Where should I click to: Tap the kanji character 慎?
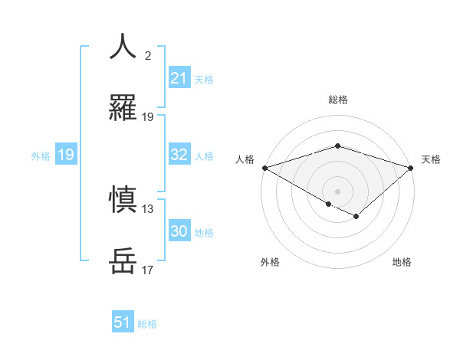pyautogui.click(x=123, y=199)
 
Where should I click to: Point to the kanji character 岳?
pyautogui.click(x=123, y=260)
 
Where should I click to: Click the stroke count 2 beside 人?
pyautogui.click(x=148, y=56)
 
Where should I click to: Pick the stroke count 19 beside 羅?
pyautogui.click(x=148, y=117)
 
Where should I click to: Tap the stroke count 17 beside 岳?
pyautogui.click(x=148, y=270)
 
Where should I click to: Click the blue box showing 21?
pyautogui.click(x=179, y=78)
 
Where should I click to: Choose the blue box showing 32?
pyautogui.click(x=179, y=155)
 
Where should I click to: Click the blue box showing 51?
pyautogui.click(x=123, y=322)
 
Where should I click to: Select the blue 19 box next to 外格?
pyautogui.click(x=66, y=155)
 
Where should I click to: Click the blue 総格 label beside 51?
pyautogui.click(x=147, y=323)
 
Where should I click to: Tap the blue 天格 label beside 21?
pyautogui.click(x=204, y=79)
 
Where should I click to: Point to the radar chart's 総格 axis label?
pyautogui.click(x=337, y=100)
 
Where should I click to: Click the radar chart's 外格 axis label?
pyautogui.click(x=270, y=263)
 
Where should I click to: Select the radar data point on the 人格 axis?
pyautogui.click(x=264, y=168)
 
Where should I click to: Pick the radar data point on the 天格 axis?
pyautogui.click(x=412, y=168)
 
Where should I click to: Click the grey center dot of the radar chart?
pyautogui.click(x=337, y=191)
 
